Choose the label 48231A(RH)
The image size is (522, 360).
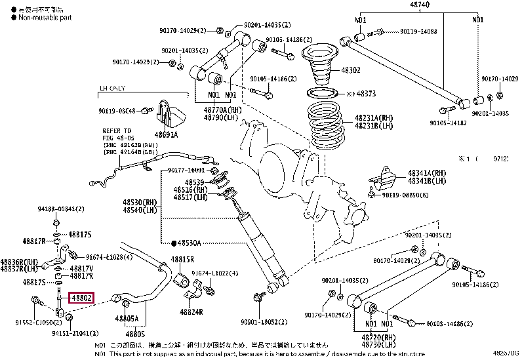pos(374,118)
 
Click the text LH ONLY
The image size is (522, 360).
pos(112,87)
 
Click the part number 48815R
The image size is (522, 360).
pos(183,260)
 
